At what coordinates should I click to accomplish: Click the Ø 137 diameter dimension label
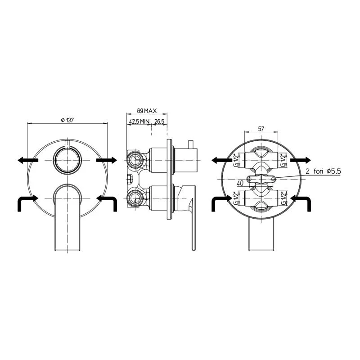click(67, 120)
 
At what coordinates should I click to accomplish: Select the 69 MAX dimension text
click(147, 111)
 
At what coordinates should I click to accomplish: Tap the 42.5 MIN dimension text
click(139, 121)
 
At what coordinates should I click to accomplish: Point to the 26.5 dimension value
click(159, 121)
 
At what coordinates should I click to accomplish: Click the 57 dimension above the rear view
click(261, 129)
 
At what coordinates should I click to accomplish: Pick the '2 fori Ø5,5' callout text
click(323, 171)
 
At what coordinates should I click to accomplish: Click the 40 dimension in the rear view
click(240, 183)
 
